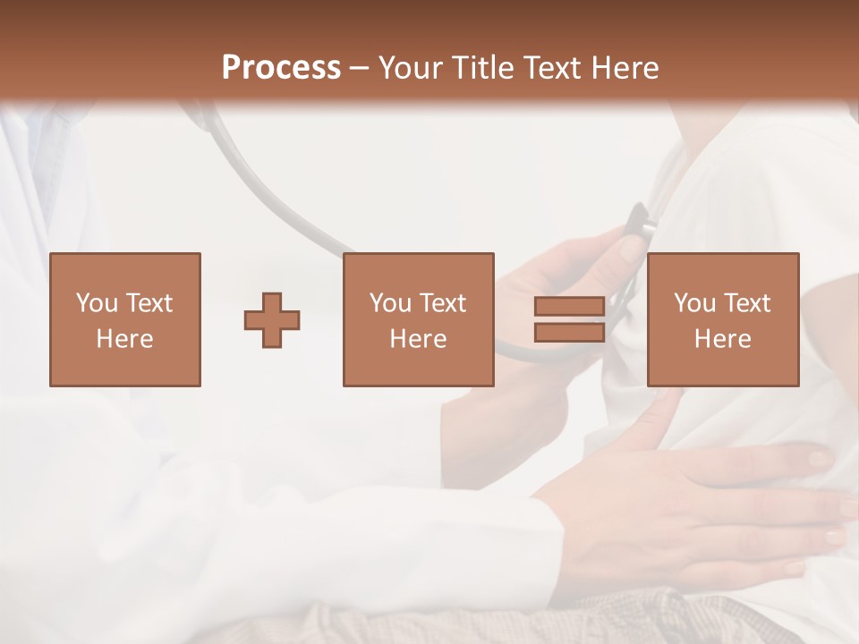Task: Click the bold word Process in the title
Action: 281,68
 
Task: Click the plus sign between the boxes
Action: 272,320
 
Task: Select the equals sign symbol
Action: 569,320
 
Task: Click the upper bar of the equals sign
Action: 569,307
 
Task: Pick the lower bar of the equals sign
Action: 569,333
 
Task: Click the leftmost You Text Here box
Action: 125,319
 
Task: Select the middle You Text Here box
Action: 418,319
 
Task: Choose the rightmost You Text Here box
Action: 722,319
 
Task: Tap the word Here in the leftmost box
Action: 125,339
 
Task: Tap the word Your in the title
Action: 408,68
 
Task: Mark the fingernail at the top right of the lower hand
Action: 819,459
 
